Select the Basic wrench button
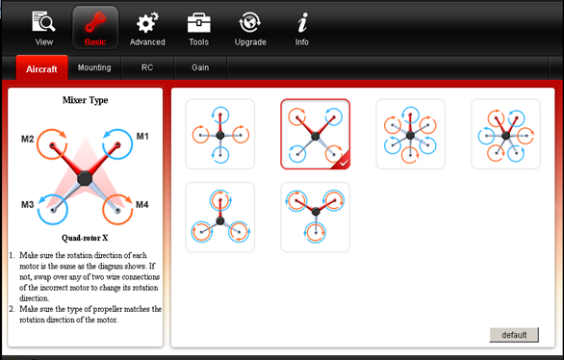coord(95,27)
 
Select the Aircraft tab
coord(41,67)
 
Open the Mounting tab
coord(94,67)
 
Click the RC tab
coord(147,67)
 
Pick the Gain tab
coord(200,67)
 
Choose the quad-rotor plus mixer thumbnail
coord(220,134)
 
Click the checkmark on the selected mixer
coord(344,164)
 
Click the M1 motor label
coord(142,137)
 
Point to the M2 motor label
coord(28,139)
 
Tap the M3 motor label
coord(27,205)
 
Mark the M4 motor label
coord(142,205)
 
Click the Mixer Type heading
coord(86,100)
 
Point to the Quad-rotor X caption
coord(85,238)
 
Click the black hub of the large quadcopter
coord(85,178)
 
